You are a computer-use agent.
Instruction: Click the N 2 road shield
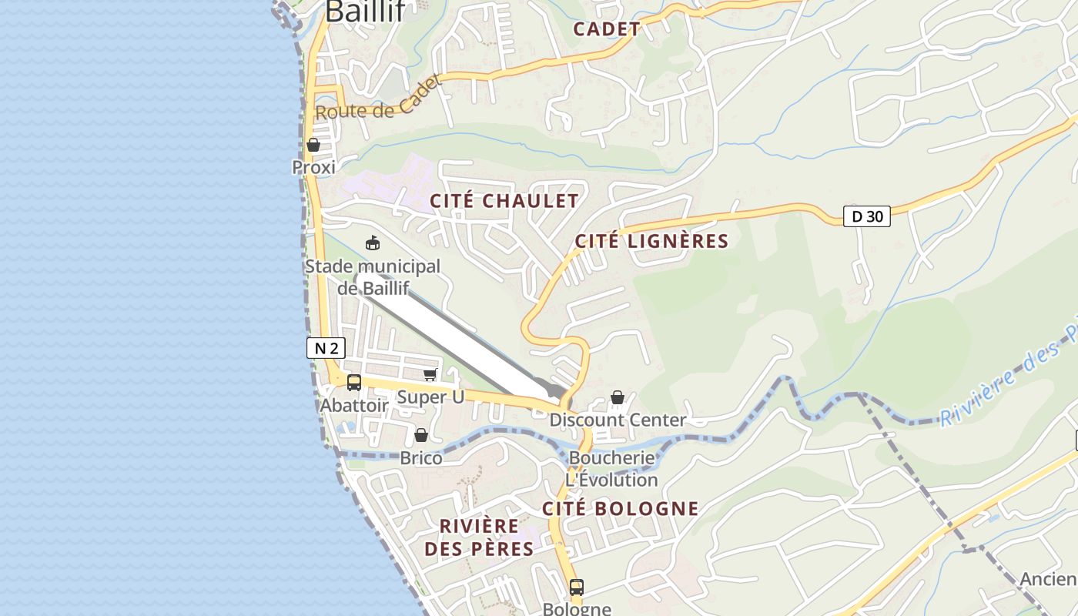pos(326,348)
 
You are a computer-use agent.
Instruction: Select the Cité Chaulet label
pos(504,201)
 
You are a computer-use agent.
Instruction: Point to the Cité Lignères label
pos(651,241)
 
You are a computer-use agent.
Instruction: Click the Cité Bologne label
pos(620,508)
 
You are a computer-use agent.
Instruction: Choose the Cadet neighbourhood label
pos(607,29)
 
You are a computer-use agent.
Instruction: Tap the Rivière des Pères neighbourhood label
pos(479,537)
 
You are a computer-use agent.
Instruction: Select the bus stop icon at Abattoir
pos(354,382)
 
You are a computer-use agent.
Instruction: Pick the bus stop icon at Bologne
pos(577,588)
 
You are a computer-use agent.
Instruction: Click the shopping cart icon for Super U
pos(430,375)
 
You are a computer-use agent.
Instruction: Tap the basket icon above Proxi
pos(313,145)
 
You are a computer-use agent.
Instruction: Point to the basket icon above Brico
pos(421,435)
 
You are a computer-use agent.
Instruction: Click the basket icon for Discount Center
pos(618,397)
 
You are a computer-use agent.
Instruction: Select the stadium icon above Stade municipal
pos(373,243)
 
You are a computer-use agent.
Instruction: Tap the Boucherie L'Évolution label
pos(612,469)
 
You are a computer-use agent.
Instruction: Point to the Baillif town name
pos(366,12)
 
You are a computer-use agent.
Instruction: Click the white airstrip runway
pos(454,336)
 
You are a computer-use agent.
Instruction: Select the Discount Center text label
pos(618,420)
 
